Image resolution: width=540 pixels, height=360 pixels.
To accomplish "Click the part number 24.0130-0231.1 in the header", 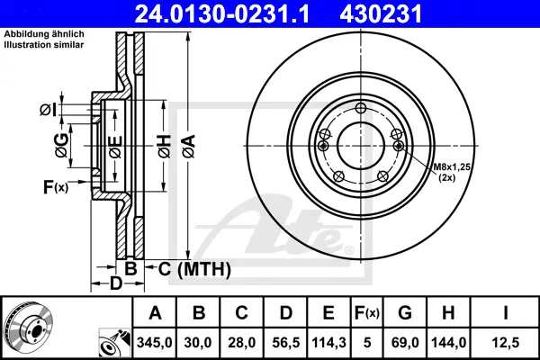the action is pyautogui.click(x=221, y=13).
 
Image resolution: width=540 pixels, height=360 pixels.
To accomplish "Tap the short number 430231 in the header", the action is pyautogui.click(x=381, y=13).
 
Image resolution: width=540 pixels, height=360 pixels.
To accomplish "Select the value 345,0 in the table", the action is pyautogui.click(x=154, y=342).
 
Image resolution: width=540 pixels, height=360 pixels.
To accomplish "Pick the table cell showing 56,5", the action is pyautogui.click(x=285, y=342).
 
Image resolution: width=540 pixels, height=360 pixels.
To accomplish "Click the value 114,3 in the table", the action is pyautogui.click(x=328, y=342).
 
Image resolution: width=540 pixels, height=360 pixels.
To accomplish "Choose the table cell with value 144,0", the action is pyautogui.click(x=449, y=342).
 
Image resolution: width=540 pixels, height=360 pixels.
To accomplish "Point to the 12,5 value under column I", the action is pyautogui.click(x=506, y=342).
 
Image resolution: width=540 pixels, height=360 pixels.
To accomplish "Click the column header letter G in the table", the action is pyautogui.click(x=405, y=313).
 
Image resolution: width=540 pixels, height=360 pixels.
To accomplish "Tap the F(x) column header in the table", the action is pyautogui.click(x=367, y=313).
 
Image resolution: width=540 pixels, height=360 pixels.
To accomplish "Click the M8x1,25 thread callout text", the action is pyautogui.click(x=452, y=167).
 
